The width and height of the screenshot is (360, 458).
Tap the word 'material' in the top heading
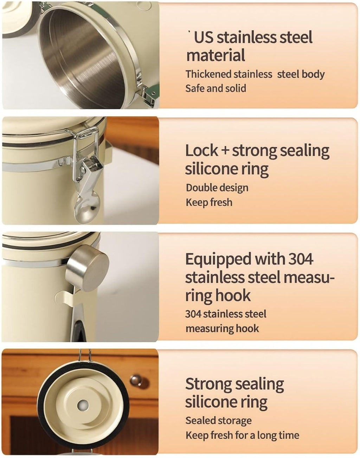pos(216,55)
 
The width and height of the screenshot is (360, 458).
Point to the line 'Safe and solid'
pos(216,88)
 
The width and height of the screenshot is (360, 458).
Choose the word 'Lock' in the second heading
pos(201,151)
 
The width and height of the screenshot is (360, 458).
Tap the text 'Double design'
pos(217,188)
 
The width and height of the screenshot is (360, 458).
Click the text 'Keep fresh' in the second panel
pos(209,202)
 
